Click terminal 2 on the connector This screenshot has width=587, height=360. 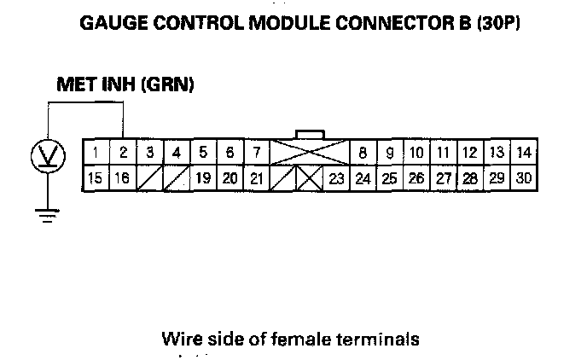(x=123, y=153)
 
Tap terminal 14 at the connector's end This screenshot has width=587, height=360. (x=525, y=153)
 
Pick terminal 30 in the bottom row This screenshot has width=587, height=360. (x=525, y=178)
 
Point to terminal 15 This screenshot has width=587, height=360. (x=96, y=178)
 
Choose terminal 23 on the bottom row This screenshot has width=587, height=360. (x=336, y=178)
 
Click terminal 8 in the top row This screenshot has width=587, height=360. (x=363, y=153)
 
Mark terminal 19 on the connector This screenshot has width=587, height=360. (x=203, y=178)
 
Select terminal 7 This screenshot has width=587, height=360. (x=256, y=153)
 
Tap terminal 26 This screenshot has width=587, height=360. (x=416, y=178)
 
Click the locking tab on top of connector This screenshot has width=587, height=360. (x=309, y=133)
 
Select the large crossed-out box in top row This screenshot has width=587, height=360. (x=309, y=153)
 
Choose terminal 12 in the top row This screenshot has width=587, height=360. (x=470, y=153)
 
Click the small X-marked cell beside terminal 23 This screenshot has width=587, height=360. (x=310, y=178)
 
